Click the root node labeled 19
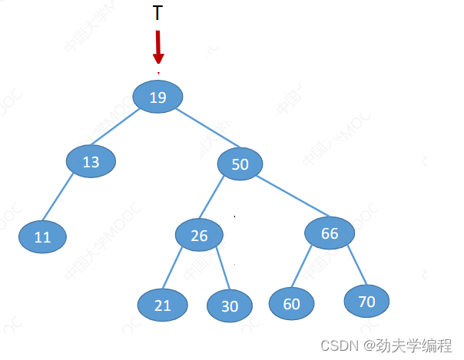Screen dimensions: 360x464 (157, 97)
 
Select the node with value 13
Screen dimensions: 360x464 (91, 161)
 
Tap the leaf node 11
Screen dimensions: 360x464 (42, 236)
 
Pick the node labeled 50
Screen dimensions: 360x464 (240, 163)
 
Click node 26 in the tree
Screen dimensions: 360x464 (199, 235)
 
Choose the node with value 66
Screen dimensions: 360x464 (330, 233)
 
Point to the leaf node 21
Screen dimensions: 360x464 (162, 305)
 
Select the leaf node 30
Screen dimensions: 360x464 (230, 306)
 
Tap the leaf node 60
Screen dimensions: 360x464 (291, 303)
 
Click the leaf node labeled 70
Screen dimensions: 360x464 (366, 301)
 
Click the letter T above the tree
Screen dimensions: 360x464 (157, 13)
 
